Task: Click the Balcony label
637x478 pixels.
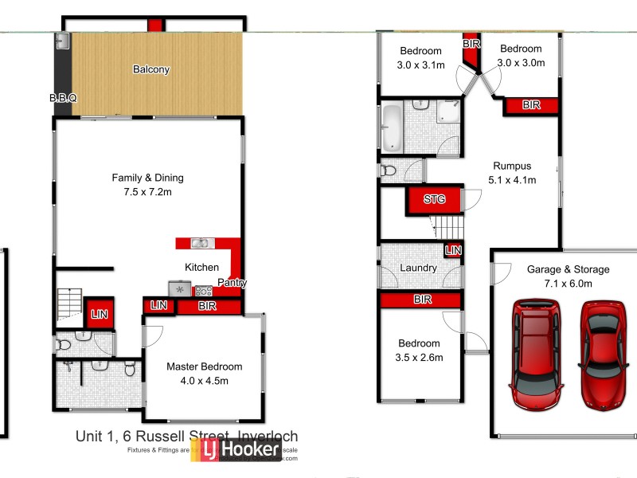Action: click(x=150, y=69)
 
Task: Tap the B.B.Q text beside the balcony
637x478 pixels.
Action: click(x=62, y=98)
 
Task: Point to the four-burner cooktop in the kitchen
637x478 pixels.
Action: click(x=202, y=290)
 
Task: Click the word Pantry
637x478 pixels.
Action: click(x=231, y=283)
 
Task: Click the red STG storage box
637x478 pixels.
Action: click(x=434, y=199)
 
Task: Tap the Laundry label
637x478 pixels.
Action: click(x=419, y=268)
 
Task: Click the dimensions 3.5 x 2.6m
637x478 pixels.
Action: click(x=419, y=358)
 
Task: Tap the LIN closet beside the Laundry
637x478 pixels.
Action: click(x=453, y=251)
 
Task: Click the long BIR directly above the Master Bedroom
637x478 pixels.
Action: click(x=207, y=305)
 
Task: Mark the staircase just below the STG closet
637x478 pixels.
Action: click(x=447, y=228)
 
